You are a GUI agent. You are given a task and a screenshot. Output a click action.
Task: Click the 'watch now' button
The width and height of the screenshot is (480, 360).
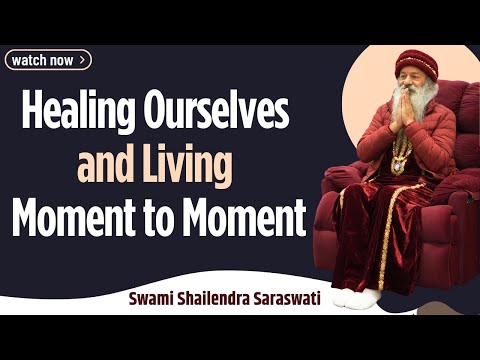pos(49,60)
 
